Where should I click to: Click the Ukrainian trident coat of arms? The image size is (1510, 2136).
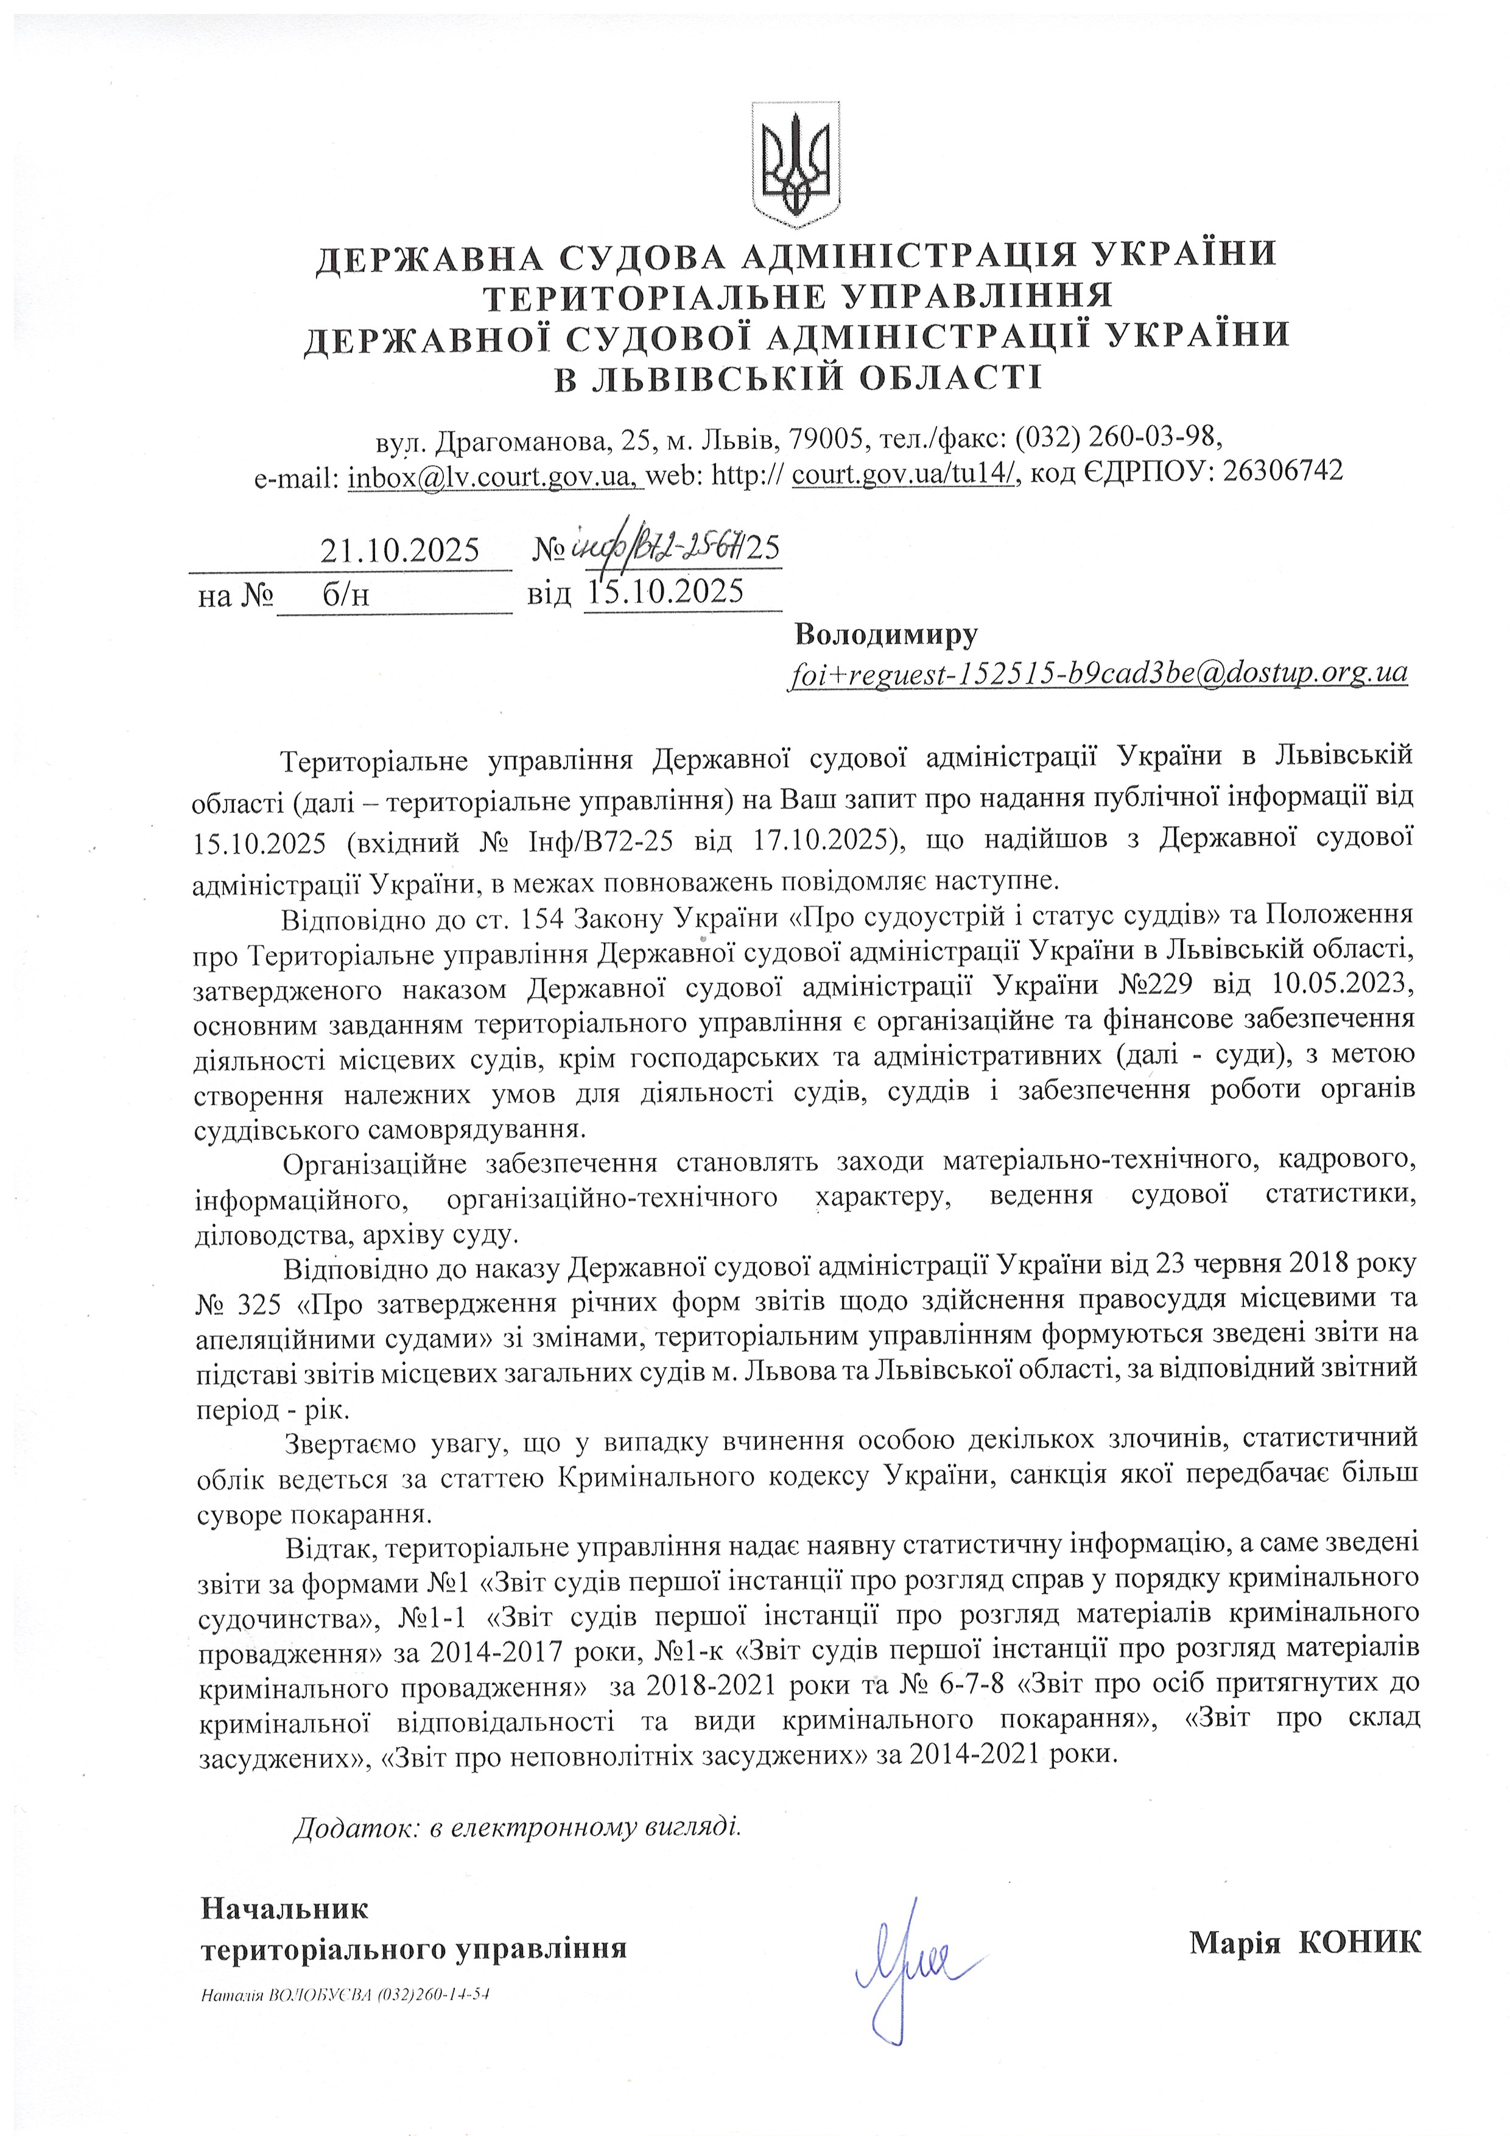(795, 166)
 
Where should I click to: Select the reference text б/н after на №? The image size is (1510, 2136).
(346, 594)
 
